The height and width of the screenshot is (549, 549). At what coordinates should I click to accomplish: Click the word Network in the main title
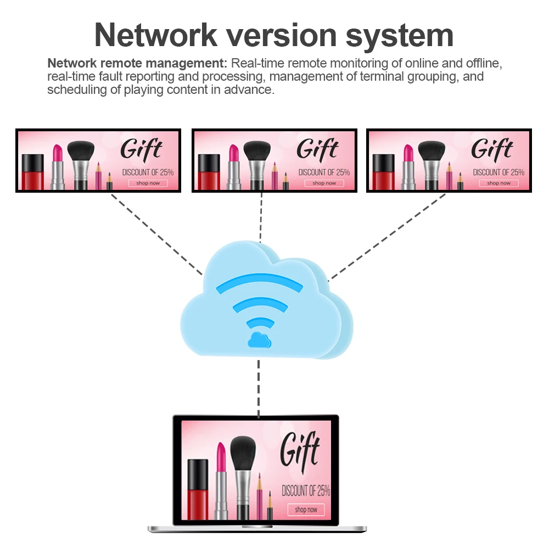click(x=156, y=35)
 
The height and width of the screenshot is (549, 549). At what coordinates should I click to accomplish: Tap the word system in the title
click(x=400, y=36)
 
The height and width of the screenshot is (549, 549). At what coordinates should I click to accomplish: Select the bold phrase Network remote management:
click(x=137, y=63)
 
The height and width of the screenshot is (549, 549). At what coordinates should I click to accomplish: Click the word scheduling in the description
click(x=77, y=89)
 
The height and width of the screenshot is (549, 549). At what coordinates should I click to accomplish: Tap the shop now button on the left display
click(x=148, y=183)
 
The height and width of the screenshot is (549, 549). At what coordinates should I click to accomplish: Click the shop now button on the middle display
click(x=324, y=183)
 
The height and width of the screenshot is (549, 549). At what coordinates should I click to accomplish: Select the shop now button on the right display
click(x=498, y=183)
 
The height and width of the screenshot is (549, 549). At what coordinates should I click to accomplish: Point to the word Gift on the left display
click(x=141, y=149)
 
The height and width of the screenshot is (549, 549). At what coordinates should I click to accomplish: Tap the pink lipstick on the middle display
click(x=233, y=167)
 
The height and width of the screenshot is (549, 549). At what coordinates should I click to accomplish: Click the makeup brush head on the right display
click(x=432, y=150)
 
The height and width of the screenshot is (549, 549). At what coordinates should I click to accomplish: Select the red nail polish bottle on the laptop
click(x=198, y=490)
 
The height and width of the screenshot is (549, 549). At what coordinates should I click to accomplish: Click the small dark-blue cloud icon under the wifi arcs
click(x=259, y=340)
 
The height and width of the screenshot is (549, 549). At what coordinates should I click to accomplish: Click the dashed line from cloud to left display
click(x=156, y=234)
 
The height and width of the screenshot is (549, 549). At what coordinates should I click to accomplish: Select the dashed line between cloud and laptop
click(x=259, y=389)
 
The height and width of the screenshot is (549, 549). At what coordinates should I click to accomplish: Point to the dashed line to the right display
click(x=387, y=237)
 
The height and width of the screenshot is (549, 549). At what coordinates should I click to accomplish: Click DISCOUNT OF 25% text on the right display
click(x=498, y=172)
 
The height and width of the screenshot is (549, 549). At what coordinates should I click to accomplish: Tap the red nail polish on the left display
click(x=33, y=172)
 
